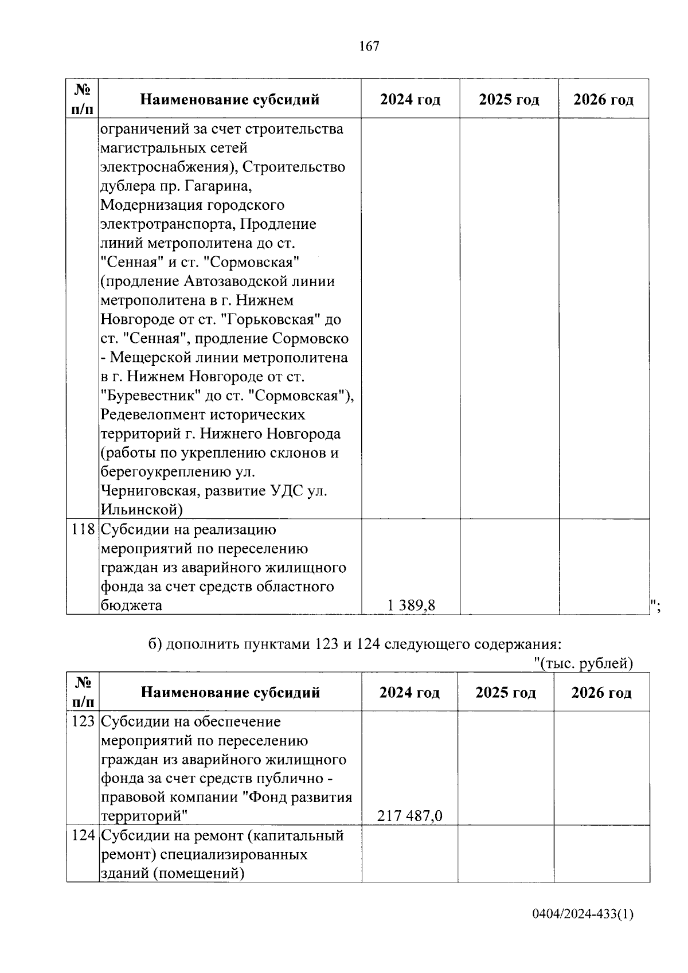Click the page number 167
point(369,46)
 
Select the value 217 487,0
point(409,816)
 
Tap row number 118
point(83,530)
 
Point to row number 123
point(83,721)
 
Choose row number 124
point(83,835)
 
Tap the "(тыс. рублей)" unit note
point(583,663)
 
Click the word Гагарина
point(223,186)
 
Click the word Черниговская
point(150,491)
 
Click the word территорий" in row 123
point(144,816)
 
